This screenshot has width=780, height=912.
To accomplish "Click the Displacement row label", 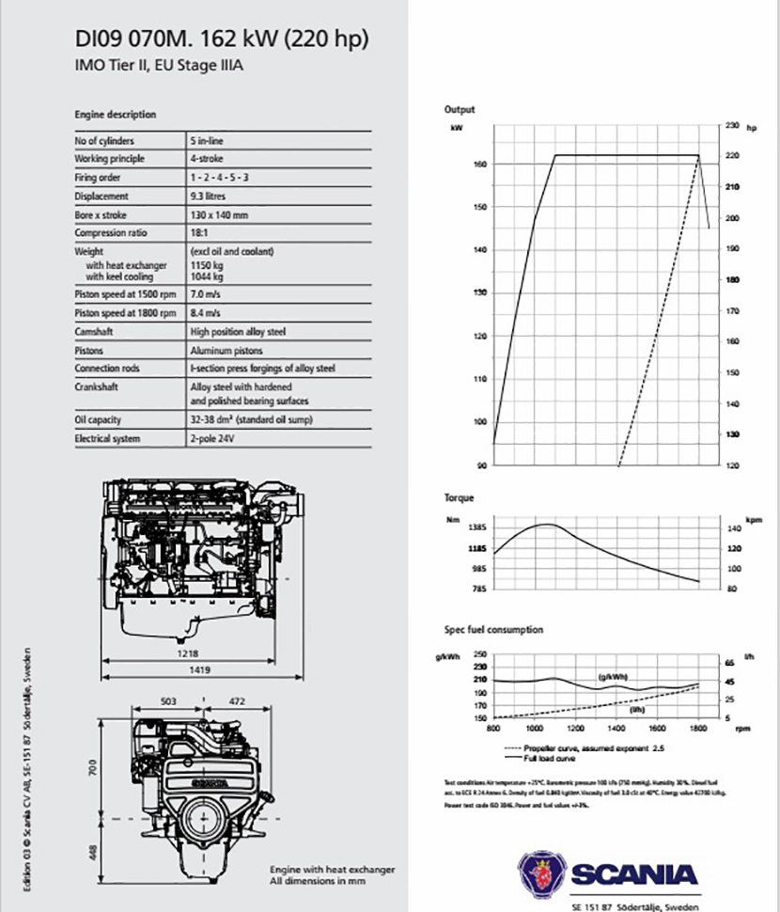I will point(101,197).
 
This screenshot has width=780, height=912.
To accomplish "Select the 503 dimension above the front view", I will point(169,700).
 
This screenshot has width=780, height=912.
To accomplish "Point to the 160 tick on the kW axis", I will point(479,165).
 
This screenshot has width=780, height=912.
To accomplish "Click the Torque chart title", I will point(459,497).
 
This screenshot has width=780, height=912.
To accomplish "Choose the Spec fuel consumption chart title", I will point(493,629).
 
